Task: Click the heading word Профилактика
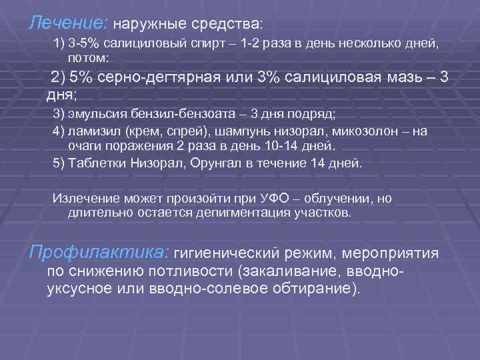click(99, 253)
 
